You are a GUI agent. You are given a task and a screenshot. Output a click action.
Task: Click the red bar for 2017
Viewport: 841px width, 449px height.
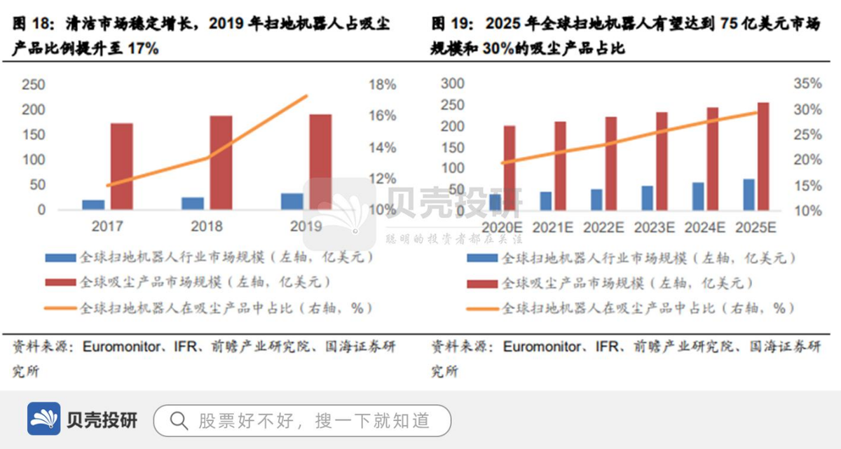click(121, 167)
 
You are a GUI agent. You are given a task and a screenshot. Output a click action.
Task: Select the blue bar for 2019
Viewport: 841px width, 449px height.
click(292, 201)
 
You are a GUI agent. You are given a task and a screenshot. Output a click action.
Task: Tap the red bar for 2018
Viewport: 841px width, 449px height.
click(221, 163)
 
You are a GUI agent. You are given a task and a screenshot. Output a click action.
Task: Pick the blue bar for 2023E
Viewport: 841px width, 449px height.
click(647, 198)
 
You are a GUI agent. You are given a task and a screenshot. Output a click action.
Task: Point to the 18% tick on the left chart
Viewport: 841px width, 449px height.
click(382, 85)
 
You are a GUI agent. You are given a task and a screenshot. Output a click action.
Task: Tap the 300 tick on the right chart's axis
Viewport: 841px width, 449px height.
click(452, 84)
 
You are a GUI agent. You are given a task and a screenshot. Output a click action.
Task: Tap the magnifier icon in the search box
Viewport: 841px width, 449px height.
click(179, 420)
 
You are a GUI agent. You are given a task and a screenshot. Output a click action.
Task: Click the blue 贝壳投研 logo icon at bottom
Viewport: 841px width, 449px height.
click(44, 419)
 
